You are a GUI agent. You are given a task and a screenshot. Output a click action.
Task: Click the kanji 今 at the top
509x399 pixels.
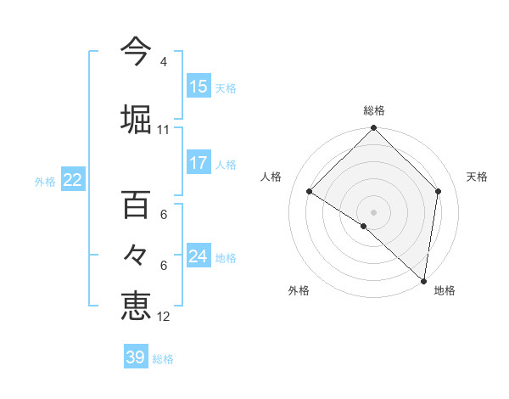click(x=136, y=53)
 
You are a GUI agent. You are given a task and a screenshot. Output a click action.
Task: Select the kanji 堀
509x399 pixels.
click(x=136, y=119)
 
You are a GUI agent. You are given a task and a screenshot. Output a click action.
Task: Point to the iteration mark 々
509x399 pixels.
click(x=136, y=256)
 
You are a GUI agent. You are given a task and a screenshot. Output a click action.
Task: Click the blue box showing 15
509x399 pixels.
click(x=199, y=87)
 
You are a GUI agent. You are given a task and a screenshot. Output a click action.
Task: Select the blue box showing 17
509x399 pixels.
click(x=199, y=163)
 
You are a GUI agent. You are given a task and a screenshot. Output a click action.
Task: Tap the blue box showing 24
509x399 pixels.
click(x=199, y=256)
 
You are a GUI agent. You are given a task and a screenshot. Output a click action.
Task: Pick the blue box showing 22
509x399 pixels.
click(x=72, y=180)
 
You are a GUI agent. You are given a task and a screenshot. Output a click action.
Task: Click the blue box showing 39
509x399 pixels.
click(x=136, y=357)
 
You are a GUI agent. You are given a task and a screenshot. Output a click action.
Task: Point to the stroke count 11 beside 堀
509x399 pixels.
click(x=163, y=130)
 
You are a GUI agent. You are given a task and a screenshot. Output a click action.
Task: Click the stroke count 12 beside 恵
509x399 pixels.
click(x=163, y=317)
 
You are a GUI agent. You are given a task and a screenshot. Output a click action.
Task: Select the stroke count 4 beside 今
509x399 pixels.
click(x=163, y=62)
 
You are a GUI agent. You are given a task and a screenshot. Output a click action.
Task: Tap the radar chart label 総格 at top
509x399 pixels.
click(x=374, y=110)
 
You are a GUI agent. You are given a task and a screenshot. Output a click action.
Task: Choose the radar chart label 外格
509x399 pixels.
click(x=299, y=290)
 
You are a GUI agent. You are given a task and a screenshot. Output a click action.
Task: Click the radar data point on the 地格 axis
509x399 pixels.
click(x=423, y=280)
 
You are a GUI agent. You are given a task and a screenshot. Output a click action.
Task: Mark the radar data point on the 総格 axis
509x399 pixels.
click(x=374, y=129)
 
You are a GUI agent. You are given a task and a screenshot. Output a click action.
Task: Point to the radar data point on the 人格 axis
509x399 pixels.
click(x=310, y=192)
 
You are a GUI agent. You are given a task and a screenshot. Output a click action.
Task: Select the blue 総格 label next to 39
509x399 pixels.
click(x=163, y=359)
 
